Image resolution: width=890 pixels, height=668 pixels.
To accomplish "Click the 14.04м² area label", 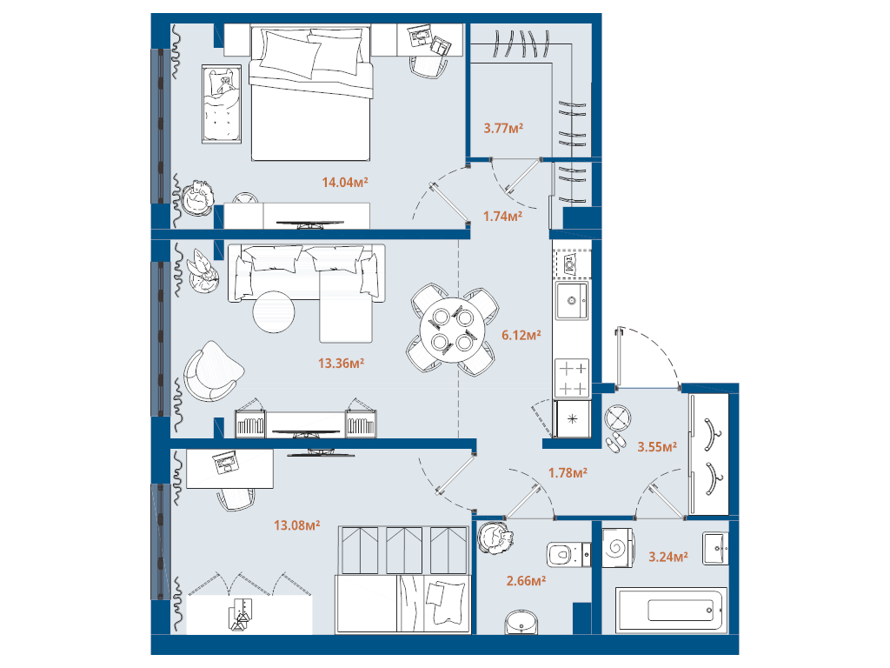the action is pyautogui.click(x=345, y=183).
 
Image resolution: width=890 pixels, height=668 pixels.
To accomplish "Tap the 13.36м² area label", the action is pyautogui.click(x=341, y=363).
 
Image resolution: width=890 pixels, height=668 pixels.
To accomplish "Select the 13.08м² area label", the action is pyautogui.click(x=297, y=525).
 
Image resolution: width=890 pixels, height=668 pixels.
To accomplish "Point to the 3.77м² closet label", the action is pyautogui.click(x=503, y=128).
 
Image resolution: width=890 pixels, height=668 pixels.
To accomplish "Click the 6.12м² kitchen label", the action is pyautogui.click(x=521, y=335).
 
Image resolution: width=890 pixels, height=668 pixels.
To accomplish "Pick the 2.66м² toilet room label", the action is pyautogui.click(x=526, y=580).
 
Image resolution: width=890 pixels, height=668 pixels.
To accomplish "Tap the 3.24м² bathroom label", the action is pyautogui.click(x=668, y=557).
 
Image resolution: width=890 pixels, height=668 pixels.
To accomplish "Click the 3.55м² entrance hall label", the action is pyautogui.click(x=657, y=447).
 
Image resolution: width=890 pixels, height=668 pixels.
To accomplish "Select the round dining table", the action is pyautogui.click(x=452, y=330).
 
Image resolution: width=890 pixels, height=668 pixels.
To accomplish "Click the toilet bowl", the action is pyautogui.click(x=568, y=554).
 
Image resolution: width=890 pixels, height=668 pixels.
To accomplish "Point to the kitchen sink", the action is pyautogui.click(x=572, y=300).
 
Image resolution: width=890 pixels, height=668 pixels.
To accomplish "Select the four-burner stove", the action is pyautogui.click(x=572, y=377).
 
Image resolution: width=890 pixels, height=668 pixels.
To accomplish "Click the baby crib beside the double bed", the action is pyautogui.click(x=222, y=104).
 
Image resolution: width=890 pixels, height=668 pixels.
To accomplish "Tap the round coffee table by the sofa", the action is pyautogui.click(x=274, y=312).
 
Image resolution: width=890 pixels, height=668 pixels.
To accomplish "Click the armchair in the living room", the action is pyautogui.click(x=212, y=371).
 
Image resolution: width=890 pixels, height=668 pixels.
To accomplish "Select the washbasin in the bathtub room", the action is pyautogui.click(x=715, y=548).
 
